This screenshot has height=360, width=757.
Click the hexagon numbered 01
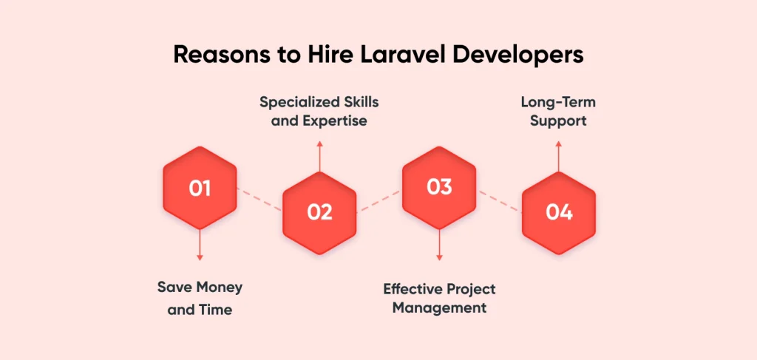point(200,189)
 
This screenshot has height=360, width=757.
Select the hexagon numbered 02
point(319,212)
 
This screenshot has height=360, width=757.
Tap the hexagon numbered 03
point(439,188)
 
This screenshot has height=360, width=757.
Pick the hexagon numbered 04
point(559,212)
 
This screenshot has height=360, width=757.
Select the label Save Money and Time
point(200,298)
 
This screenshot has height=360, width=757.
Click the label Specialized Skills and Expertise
point(319,111)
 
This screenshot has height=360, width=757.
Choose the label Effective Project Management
point(439,298)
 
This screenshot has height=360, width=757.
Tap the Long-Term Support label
point(559,111)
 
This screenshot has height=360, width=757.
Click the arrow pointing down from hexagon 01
point(200,243)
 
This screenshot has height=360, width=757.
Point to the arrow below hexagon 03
point(439,243)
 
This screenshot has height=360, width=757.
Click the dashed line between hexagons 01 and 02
point(259,200)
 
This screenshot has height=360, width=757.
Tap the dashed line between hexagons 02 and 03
point(379,200)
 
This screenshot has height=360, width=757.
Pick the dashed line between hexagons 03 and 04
point(499,200)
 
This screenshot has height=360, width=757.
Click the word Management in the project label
point(439,308)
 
